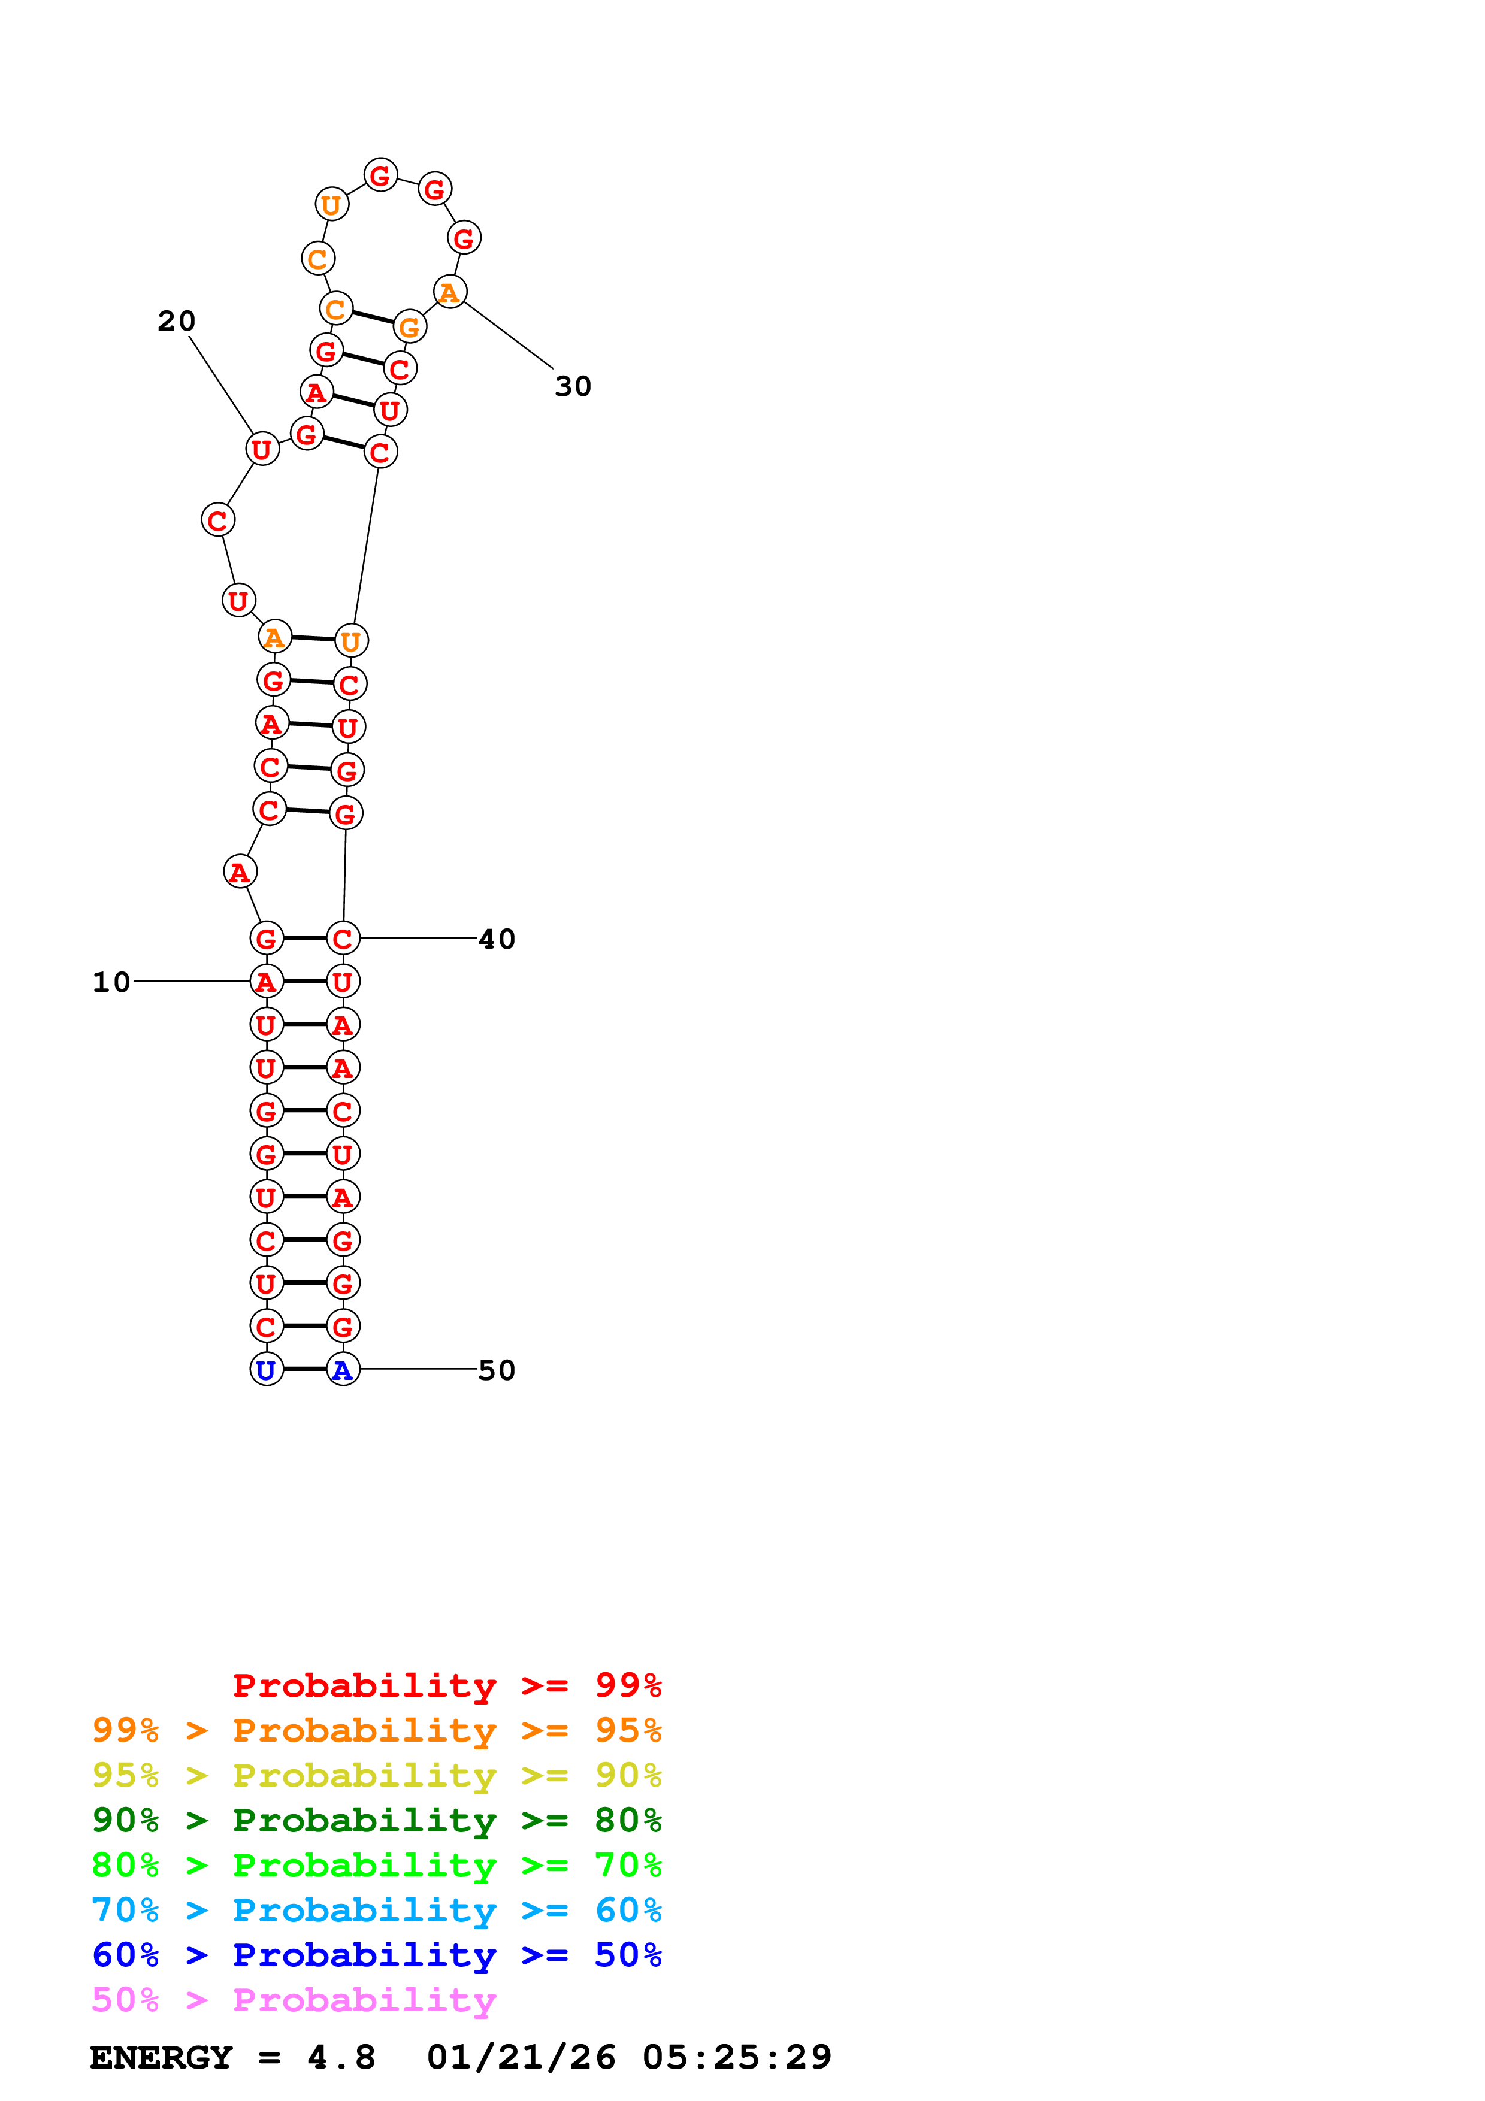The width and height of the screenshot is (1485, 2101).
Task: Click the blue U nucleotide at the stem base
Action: tap(266, 1369)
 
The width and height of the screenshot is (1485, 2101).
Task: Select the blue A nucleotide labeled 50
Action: tap(343, 1369)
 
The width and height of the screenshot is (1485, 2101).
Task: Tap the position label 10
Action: tap(111, 982)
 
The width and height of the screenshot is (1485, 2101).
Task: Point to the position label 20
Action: tap(177, 320)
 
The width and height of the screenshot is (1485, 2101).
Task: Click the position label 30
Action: tap(573, 386)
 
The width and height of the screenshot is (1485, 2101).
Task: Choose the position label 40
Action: tap(497, 939)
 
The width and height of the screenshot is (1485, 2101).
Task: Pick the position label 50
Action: tap(497, 1370)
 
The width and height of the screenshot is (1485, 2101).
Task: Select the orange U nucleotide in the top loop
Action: tap(331, 204)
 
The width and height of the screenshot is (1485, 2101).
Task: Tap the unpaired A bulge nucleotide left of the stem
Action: tap(240, 871)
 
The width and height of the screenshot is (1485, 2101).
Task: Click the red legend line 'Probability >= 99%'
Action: tap(447, 1685)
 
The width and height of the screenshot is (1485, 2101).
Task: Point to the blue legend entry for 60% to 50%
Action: tap(376, 1955)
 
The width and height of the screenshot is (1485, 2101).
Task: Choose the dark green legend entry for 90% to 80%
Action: tap(376, 1820)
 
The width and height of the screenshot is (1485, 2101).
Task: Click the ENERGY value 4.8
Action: tap(341, 2057)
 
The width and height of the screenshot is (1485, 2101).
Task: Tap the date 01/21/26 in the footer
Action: tap(521, 2057)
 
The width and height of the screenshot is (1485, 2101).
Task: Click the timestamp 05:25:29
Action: tap(737, 2057)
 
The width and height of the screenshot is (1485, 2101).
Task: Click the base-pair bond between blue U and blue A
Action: tap(305, 1369)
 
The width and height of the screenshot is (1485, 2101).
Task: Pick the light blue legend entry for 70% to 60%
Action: tap(376, 1910)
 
